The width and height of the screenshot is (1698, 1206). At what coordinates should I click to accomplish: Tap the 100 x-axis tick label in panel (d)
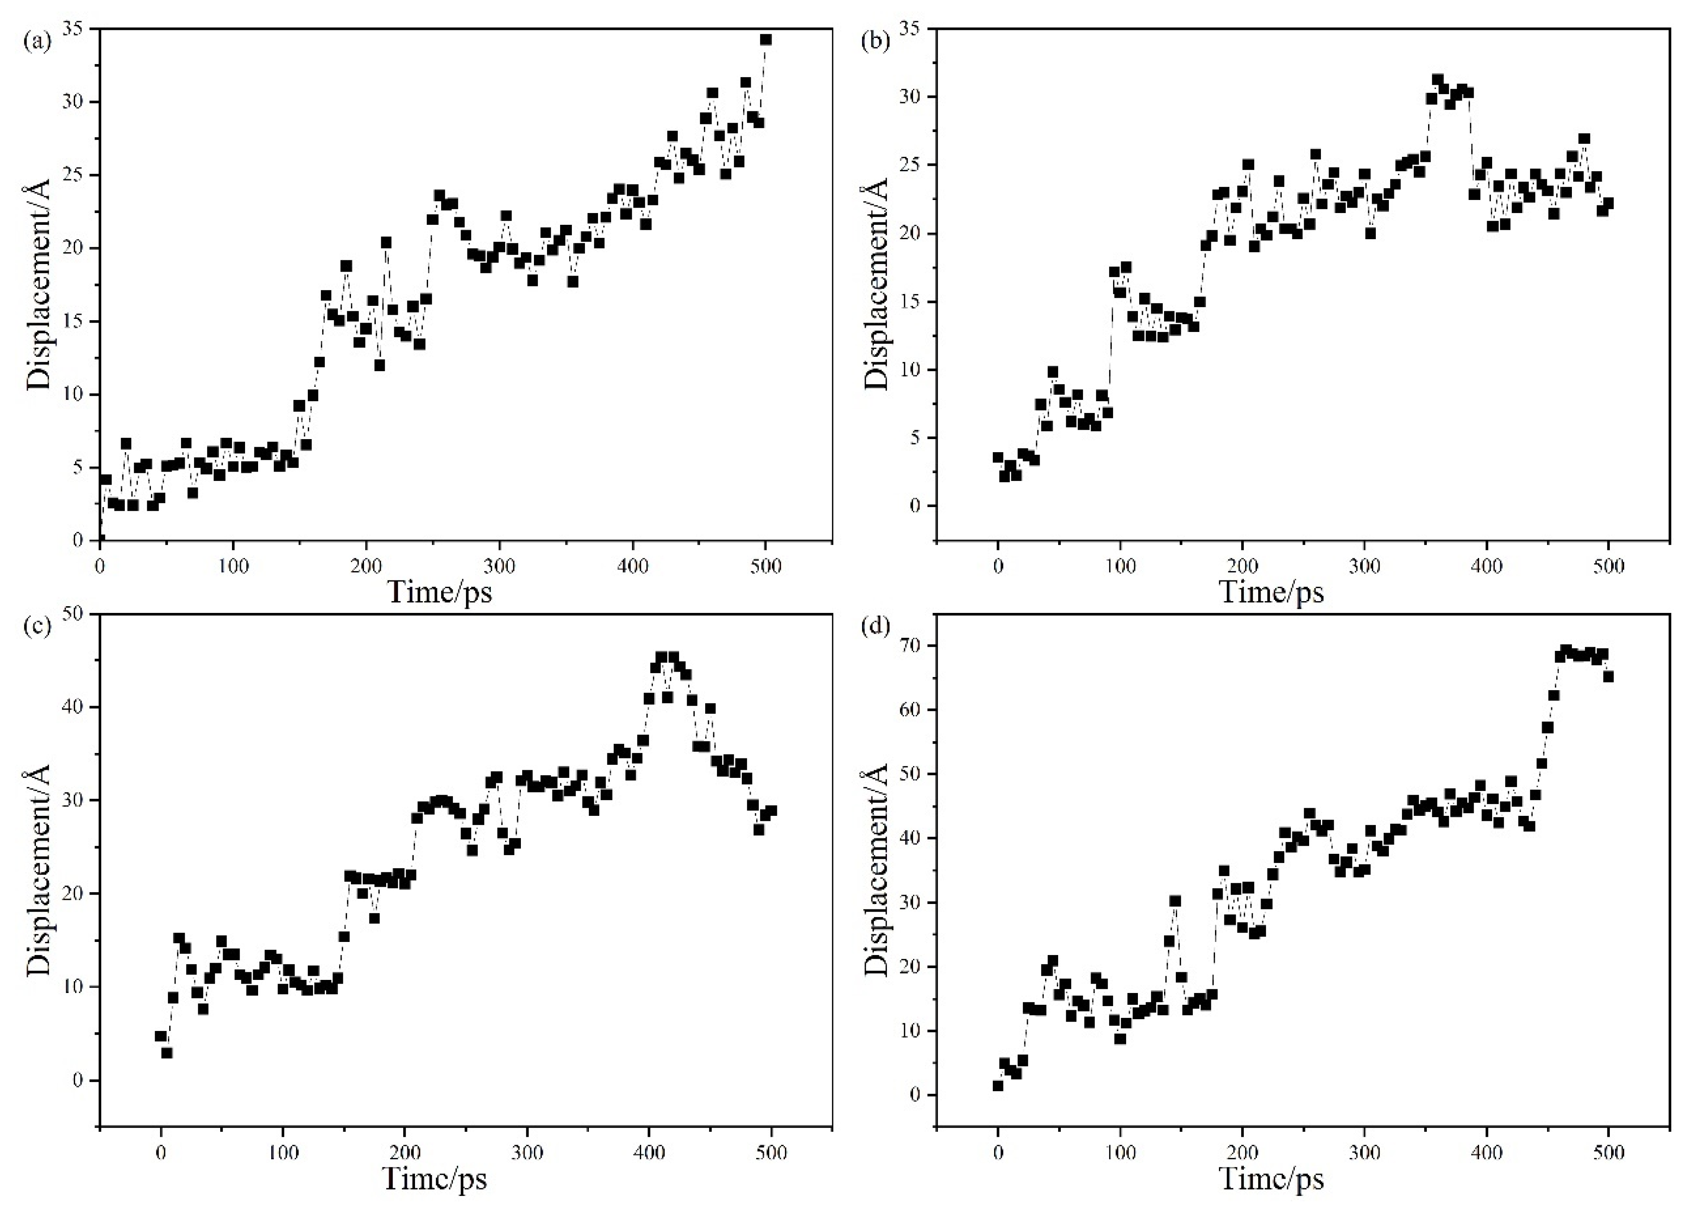[x=1120, y=1152]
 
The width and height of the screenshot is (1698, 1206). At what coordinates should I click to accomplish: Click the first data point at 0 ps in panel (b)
[x=998, y=457]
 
